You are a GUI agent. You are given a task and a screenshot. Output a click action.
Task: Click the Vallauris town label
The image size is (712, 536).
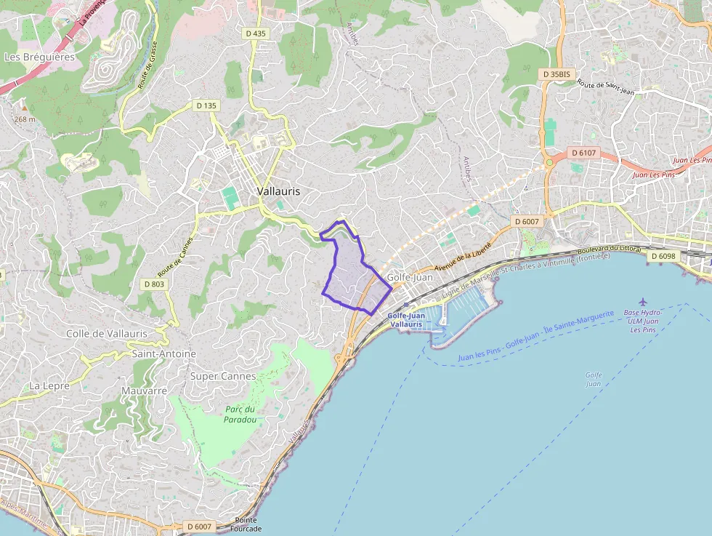(278, 191)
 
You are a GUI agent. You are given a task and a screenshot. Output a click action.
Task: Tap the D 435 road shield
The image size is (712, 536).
(255, 33)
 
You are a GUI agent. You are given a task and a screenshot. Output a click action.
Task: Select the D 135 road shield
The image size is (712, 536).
(206, 105)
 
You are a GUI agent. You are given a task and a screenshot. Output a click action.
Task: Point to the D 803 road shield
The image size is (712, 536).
(154, 284)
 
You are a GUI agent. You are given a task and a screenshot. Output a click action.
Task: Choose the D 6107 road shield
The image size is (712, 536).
(583, 153)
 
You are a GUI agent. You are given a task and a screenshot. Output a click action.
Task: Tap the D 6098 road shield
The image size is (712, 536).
(663, 256)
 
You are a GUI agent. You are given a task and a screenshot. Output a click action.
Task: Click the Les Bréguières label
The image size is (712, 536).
(39, 57)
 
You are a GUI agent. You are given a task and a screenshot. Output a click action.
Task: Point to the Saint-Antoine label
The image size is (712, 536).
(164, 353)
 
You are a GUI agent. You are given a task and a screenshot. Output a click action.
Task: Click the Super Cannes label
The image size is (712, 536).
(223, 376)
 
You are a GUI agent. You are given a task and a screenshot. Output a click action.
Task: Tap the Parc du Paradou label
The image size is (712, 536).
(240, 414)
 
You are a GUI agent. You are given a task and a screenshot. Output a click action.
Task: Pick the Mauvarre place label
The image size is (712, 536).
(145, 391)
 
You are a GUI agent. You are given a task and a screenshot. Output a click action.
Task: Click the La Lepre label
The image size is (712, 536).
(49, 385)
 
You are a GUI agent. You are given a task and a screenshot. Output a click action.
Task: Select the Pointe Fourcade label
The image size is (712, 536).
(248, 524)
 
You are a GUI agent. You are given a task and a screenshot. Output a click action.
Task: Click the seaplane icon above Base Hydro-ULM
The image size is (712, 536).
(642, 301)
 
